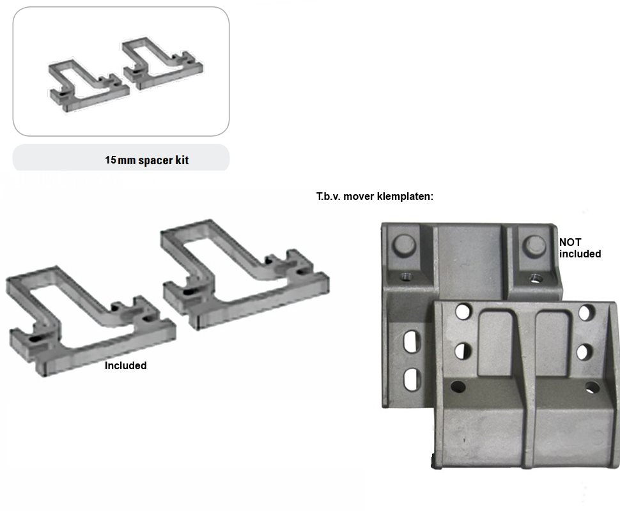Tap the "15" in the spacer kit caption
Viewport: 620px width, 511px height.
point(111,160)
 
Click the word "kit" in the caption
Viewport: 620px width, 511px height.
point(182,160)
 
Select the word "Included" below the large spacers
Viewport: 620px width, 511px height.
point(126,365)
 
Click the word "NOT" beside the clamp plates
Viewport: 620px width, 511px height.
point(570,242)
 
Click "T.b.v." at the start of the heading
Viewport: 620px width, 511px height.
point(328,197)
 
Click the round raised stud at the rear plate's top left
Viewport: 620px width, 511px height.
point(404,245)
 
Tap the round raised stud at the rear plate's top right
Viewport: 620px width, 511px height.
point(535,245)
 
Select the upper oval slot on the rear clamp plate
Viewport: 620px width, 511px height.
point(412,342)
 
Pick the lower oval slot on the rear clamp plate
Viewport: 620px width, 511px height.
point(412,379)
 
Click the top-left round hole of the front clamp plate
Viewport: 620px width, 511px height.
point(463,312)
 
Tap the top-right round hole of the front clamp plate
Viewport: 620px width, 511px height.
point(586,312)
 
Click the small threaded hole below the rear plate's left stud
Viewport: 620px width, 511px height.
point(406,276)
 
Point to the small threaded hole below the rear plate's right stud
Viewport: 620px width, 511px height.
point(536,278)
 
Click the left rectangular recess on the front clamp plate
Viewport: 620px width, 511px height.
point(495,343)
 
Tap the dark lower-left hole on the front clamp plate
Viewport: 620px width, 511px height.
point(458,386)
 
